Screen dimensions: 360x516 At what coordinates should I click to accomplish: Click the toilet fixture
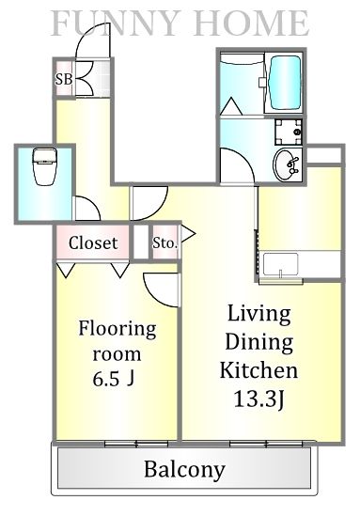(44, 166)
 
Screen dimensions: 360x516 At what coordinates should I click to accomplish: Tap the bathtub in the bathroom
(285, 83)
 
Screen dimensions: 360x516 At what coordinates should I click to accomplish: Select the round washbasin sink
(287, 164)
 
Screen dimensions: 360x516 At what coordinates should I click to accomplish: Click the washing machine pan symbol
(289, 132)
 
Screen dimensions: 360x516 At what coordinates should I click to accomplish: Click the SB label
(64, 79)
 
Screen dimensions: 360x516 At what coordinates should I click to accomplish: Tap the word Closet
(93, 242)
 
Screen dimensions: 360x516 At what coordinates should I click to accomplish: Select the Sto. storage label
(164, 243)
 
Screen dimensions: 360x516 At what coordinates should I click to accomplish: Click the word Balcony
(184, 470)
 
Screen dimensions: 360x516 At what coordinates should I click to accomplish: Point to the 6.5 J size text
(114, 379)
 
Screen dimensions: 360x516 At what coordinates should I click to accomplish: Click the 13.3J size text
(259, 399)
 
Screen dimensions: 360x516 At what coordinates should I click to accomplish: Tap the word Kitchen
(258, 370)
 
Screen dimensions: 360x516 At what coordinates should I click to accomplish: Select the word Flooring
(117, 329)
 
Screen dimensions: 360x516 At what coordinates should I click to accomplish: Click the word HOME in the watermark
(251, 23)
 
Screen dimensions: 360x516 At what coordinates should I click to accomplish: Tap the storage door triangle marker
(188, 234)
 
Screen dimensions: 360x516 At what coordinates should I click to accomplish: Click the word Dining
(259, 342)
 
